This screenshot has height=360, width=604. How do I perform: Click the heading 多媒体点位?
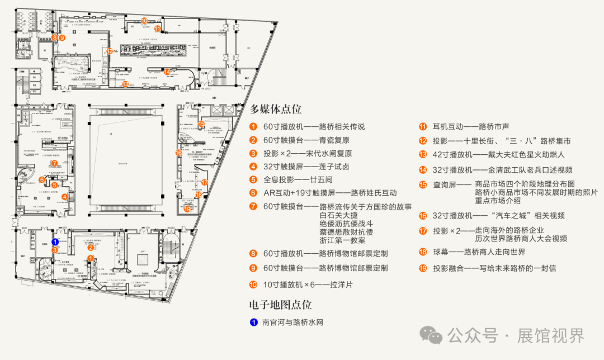tap(276, 109)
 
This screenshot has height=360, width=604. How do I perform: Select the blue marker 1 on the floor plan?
tap(55, 242)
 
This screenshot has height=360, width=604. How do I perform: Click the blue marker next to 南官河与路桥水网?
tap(253, 323)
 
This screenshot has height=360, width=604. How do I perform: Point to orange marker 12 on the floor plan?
tap(110, 51)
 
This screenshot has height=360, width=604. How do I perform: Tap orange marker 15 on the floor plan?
tap(201, 124)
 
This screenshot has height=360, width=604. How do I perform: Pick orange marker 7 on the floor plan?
tap(54, 163)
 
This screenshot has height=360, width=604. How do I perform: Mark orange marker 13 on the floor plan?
tap(125, 84)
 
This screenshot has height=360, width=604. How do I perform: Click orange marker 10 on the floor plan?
tap(144, 21)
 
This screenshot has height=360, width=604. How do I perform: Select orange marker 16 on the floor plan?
tap(178, 152)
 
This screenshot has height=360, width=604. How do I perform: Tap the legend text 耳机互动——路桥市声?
tap(475, 126)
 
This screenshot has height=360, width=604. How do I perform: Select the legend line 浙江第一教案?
tap(342, 240)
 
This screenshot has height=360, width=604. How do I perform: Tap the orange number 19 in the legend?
tap(423, 268)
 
